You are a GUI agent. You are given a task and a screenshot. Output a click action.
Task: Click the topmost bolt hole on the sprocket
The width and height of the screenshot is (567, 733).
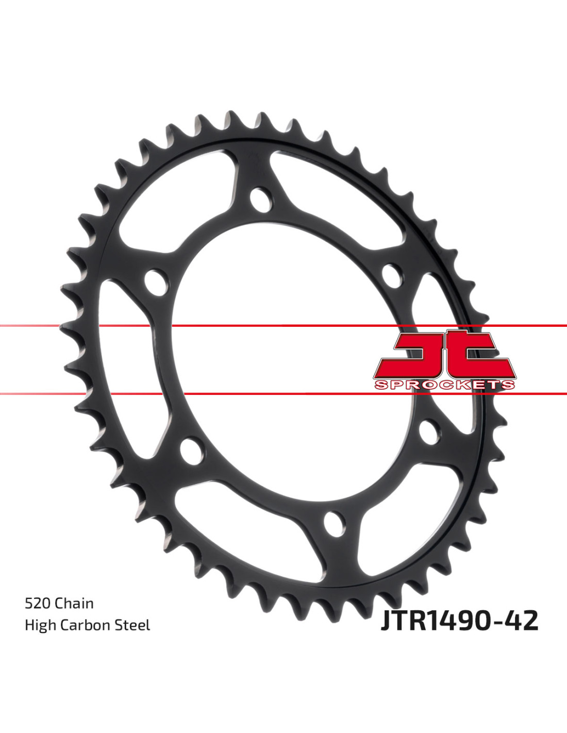(x=261, y=200)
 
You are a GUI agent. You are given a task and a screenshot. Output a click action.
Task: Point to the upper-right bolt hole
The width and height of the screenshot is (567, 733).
(x=392, y=276)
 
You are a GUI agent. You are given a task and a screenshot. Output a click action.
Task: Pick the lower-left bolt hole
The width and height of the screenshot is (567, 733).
(x=192, y=452)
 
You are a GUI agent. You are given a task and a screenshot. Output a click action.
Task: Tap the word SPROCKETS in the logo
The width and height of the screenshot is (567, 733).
(x=444, y=385)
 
